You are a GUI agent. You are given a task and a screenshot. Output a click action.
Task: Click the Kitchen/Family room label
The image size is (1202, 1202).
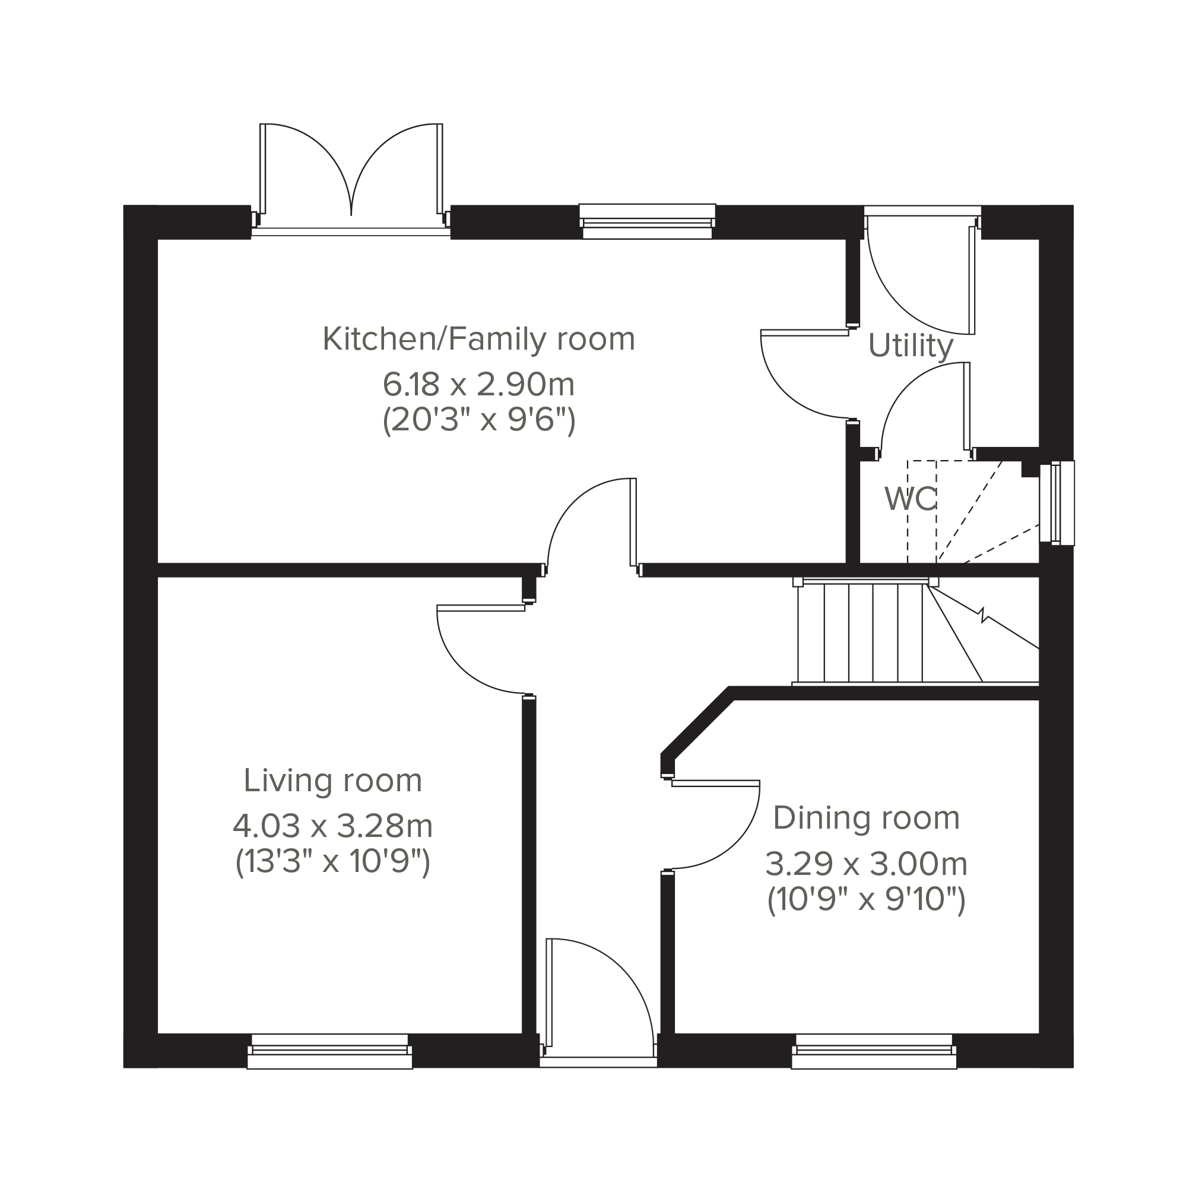478,339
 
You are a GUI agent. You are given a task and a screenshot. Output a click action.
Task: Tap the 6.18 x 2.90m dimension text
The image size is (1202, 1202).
478,385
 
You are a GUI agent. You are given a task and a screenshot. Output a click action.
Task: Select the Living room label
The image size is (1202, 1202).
333,780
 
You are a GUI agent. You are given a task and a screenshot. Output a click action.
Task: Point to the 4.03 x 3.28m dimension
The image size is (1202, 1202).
333,826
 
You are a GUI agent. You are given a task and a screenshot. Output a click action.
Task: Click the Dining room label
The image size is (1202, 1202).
867,817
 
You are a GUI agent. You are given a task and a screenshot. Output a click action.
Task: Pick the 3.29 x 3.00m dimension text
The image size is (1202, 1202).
867,864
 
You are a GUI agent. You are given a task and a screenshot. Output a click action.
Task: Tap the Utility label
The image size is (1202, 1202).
911,346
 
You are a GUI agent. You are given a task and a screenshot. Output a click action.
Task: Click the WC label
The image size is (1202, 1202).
911,499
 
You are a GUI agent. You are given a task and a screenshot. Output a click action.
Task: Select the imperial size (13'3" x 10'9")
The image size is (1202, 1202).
333,862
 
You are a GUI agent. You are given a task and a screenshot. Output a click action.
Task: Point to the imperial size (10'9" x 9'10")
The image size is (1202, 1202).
867,899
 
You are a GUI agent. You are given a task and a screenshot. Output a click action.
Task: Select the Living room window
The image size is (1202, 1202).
330,1051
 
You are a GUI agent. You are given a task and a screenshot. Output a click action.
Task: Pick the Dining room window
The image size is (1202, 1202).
874,1051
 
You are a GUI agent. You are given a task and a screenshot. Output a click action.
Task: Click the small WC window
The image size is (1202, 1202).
1058,503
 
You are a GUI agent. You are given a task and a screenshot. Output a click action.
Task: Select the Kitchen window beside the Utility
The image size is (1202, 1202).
647,221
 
